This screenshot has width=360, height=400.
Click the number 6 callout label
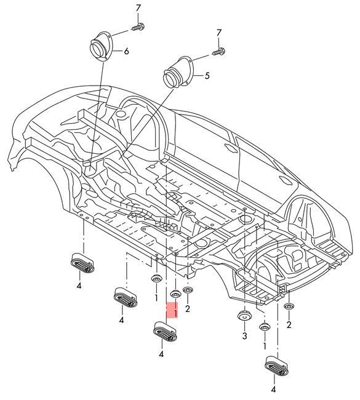click(126, 51)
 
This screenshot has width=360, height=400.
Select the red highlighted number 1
click(175, 313)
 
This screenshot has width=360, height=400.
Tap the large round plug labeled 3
click(244, 317)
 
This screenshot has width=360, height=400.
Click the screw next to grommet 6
click(138, 26)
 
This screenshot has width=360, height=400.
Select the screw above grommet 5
click(219, 53)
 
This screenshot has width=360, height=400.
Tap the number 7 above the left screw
click(138, 8)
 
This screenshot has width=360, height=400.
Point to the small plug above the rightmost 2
click(290, 306)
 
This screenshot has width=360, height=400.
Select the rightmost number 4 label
click(273, 390)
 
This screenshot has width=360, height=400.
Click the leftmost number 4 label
click(79, 286)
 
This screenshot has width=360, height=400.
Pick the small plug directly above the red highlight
click(175, 294)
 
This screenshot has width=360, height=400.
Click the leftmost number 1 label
click(156, 298)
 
